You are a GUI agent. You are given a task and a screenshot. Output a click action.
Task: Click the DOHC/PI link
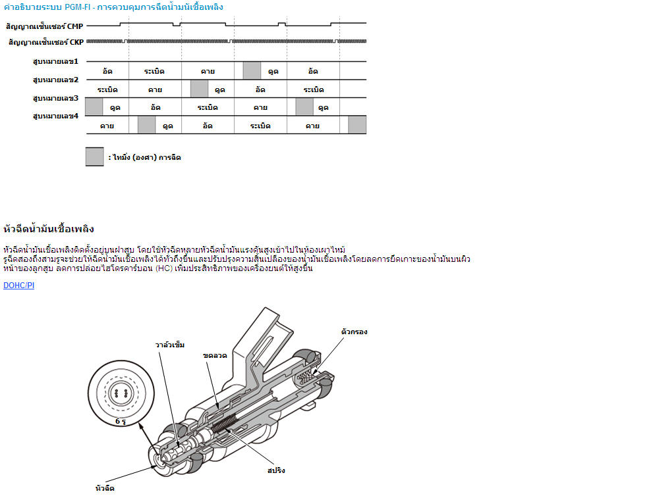18,286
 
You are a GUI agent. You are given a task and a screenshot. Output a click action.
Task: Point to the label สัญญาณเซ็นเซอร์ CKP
45,42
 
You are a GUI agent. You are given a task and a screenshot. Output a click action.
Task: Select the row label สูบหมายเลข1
55,61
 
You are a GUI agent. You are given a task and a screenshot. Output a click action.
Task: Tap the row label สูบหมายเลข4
55,116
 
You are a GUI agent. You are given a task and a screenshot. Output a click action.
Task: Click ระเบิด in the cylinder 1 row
154,71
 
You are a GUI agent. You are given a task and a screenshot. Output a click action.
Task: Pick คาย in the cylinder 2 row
155,89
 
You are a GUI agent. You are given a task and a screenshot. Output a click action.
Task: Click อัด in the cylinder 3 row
155,107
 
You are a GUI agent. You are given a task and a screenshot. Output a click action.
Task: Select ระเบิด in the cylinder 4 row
260,126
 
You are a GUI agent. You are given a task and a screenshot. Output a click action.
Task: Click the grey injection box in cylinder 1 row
252,70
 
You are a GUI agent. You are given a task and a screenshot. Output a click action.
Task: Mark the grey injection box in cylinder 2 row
199,89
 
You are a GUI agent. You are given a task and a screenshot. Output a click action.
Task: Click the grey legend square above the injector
94,157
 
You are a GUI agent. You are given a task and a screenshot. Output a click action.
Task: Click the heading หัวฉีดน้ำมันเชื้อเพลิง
49,229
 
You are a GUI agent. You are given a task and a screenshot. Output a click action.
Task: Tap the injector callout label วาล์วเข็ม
169,344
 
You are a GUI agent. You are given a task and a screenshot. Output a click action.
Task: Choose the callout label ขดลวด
215,355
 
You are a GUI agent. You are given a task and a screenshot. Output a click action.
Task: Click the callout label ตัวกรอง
354,332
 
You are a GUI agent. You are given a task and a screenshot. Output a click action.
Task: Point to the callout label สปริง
276,470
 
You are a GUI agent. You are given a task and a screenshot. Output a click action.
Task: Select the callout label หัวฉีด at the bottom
105,488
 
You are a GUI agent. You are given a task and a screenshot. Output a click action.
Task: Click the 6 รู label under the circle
121,420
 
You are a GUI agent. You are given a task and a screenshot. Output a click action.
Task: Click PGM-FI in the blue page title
79,7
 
